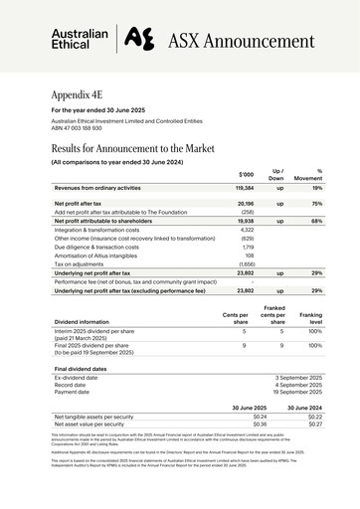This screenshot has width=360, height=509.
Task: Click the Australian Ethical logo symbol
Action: [140, 39]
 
